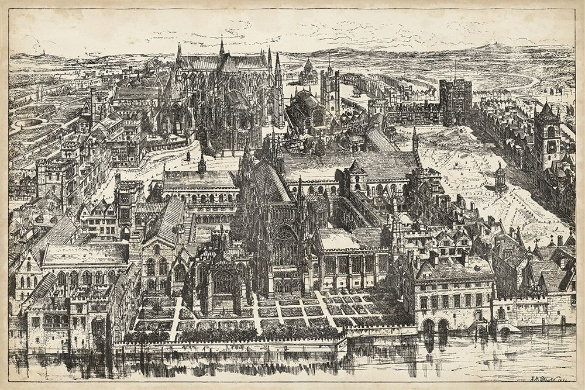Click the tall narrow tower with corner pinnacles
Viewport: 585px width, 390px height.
[x=329, y=91]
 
